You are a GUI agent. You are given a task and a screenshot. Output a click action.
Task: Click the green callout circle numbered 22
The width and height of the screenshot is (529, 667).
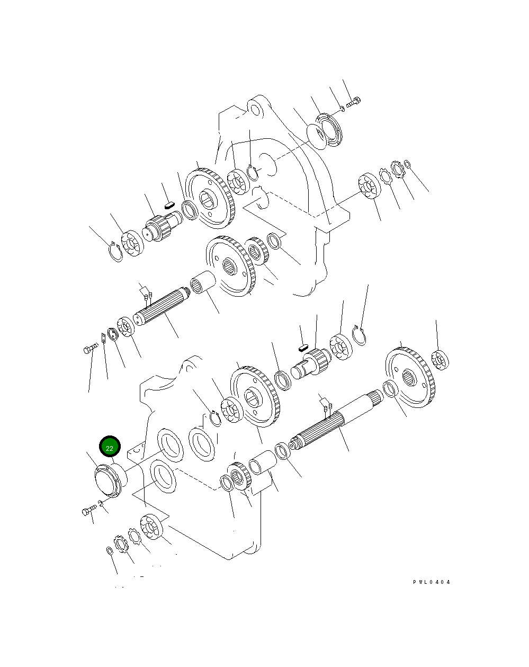[x=110, y=448]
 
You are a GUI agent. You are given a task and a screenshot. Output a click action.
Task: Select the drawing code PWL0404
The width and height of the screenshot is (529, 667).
[x=432, y=582]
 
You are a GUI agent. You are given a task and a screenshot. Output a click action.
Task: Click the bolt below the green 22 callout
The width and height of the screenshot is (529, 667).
[x=89, y=511]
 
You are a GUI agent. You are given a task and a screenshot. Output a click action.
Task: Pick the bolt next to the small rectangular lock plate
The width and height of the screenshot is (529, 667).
[x=91, y=349]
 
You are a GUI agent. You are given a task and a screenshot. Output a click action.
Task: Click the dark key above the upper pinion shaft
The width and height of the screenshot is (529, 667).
[x=169, y=201]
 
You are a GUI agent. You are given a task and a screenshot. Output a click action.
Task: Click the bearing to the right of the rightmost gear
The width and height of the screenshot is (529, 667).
[x=440, y=360]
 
